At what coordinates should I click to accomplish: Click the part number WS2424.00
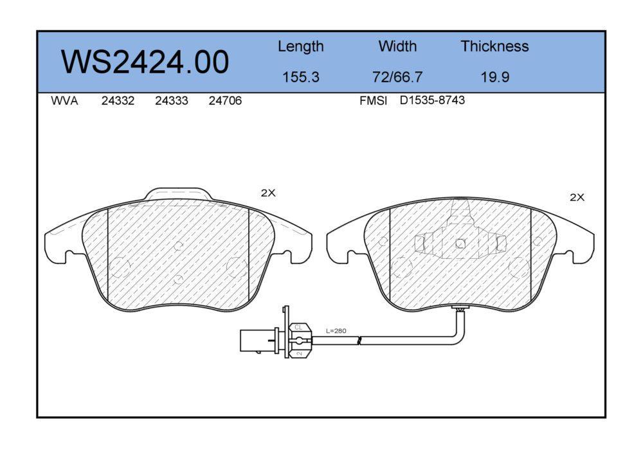145,62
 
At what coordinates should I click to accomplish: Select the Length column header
300,47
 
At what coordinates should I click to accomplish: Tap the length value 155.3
300,76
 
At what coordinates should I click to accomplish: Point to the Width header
397,46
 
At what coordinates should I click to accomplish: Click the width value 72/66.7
397,76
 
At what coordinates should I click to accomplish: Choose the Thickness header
494,46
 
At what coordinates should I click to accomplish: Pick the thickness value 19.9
495,76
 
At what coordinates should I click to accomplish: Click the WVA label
64,101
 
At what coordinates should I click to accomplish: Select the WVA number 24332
118,101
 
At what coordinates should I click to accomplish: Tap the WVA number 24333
172,101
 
